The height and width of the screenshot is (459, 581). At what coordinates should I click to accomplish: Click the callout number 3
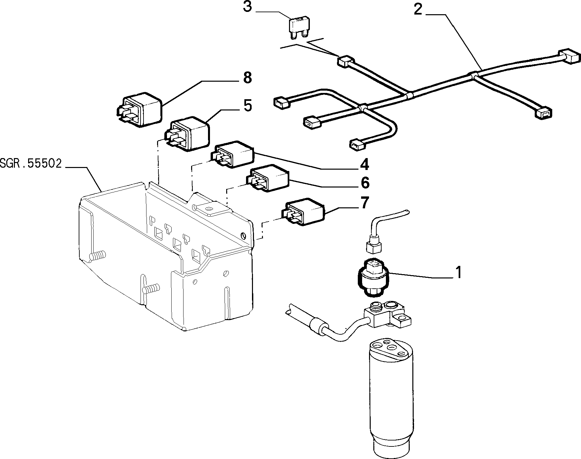248,7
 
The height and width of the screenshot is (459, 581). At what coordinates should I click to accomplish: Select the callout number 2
418,10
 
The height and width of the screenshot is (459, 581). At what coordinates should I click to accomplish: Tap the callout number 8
247,78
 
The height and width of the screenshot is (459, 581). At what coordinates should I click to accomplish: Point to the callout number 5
247,105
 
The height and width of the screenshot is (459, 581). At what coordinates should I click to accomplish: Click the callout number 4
364,164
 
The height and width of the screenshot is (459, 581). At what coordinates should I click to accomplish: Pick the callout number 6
365,183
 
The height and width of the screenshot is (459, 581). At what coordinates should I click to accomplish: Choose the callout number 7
364,203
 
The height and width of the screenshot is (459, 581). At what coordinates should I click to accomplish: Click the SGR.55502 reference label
31,164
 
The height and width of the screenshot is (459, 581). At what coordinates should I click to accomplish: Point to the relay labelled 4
233,154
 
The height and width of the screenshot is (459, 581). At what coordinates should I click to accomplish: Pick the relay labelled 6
268,178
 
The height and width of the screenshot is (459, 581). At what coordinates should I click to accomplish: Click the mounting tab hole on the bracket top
209,209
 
